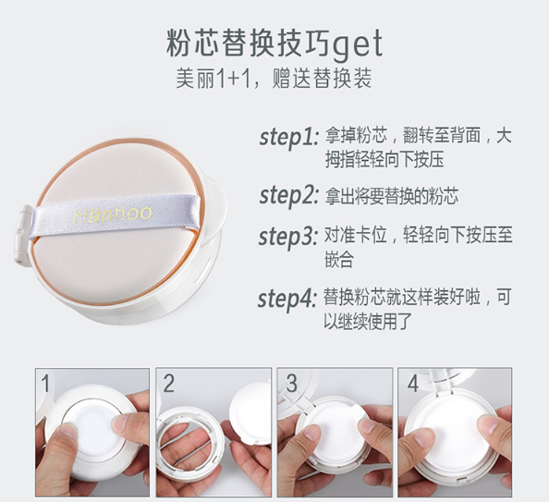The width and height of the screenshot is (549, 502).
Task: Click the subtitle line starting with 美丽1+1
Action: [274, 79]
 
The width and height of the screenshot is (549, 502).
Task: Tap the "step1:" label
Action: [289, 138]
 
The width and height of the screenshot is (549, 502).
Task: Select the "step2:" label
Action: [289, 196]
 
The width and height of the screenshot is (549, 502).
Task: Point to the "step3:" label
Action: [288, 238]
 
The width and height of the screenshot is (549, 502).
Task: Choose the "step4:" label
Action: [287, 300]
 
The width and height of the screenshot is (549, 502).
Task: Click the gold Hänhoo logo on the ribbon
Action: [113, 214]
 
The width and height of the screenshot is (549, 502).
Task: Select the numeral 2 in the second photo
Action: [169, 384]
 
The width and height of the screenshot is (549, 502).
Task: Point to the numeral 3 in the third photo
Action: [291, 384]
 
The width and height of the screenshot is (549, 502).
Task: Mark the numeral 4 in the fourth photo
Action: [413, 384]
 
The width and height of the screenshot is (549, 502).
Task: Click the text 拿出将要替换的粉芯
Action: [392, 196]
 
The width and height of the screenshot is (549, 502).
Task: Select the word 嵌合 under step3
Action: [338, 259]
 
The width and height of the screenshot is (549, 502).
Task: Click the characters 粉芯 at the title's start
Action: [193, 43]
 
